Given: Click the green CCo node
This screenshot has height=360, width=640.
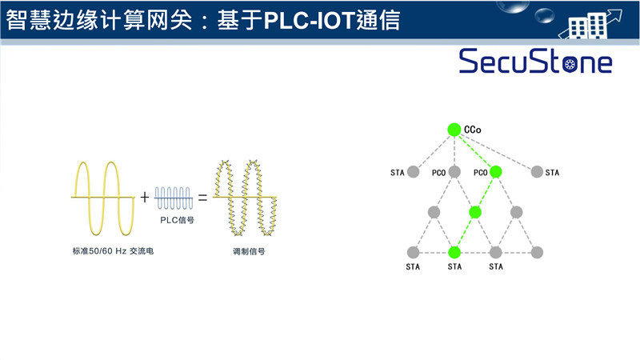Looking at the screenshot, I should click(454, 129).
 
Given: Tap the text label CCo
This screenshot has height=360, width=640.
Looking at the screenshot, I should click(472, 129).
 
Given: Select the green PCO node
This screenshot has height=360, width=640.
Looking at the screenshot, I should click(495, 171).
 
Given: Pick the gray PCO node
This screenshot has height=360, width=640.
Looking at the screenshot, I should click(454, 171).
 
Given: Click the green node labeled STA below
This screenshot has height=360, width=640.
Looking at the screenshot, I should click(454, 251).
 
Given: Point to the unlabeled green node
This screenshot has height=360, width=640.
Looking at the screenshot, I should click(475, 212).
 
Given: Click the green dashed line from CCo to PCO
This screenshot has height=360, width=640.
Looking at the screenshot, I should click(474, 150).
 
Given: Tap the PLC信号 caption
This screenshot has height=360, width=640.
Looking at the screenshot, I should click(174, 218).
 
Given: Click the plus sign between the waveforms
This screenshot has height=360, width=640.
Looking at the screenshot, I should click(145, 197).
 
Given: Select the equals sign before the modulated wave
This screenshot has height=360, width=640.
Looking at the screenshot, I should click(202, 197).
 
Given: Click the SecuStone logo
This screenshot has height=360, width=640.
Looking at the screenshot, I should click(534, 62).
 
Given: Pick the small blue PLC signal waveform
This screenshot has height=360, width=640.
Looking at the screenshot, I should click(174, 197).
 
